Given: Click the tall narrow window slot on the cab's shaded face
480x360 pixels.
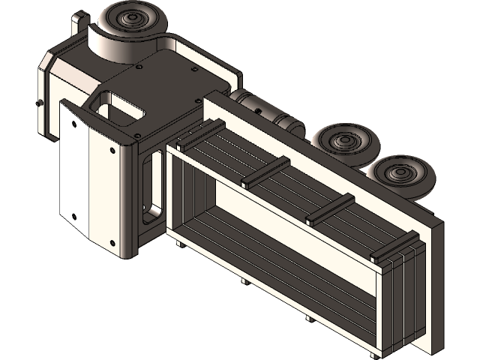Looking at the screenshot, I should [154, 184].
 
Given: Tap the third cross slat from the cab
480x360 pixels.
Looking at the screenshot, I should [330, 209].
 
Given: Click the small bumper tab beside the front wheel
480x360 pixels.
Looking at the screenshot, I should [79, 22].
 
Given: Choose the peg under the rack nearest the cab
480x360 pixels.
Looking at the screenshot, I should [177, 243].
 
